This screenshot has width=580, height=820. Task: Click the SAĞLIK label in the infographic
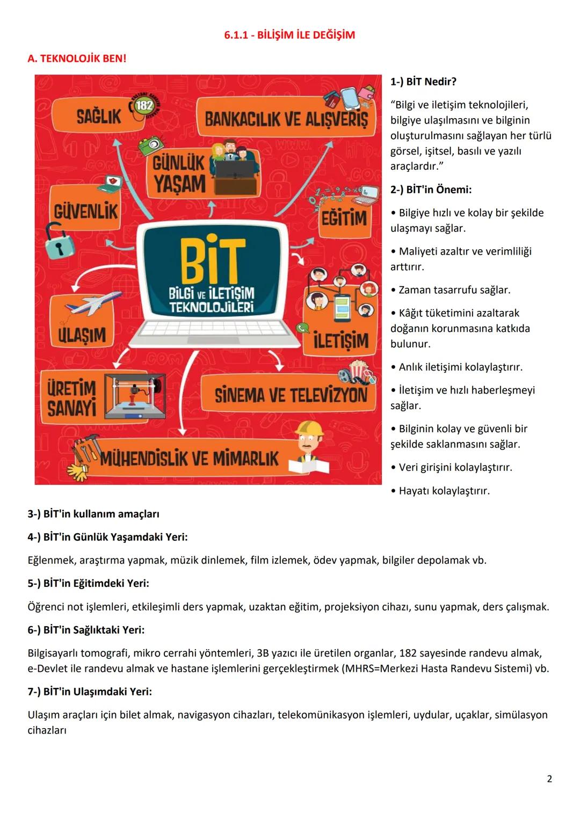(99, 117)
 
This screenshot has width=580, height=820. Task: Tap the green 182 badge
(144, 105)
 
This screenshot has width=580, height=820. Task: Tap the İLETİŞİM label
(340, 340)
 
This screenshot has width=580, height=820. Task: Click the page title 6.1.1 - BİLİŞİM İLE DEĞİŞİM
(289, 35)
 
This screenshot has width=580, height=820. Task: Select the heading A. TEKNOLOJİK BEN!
(77, 58)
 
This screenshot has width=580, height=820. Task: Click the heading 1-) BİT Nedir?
(423, 82)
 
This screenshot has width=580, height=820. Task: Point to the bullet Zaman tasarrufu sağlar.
(454, 290)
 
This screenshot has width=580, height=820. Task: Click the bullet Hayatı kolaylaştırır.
(444, 491)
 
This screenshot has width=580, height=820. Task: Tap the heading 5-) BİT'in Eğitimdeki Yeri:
(88, 583)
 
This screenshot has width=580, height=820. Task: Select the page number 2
(549, 779)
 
